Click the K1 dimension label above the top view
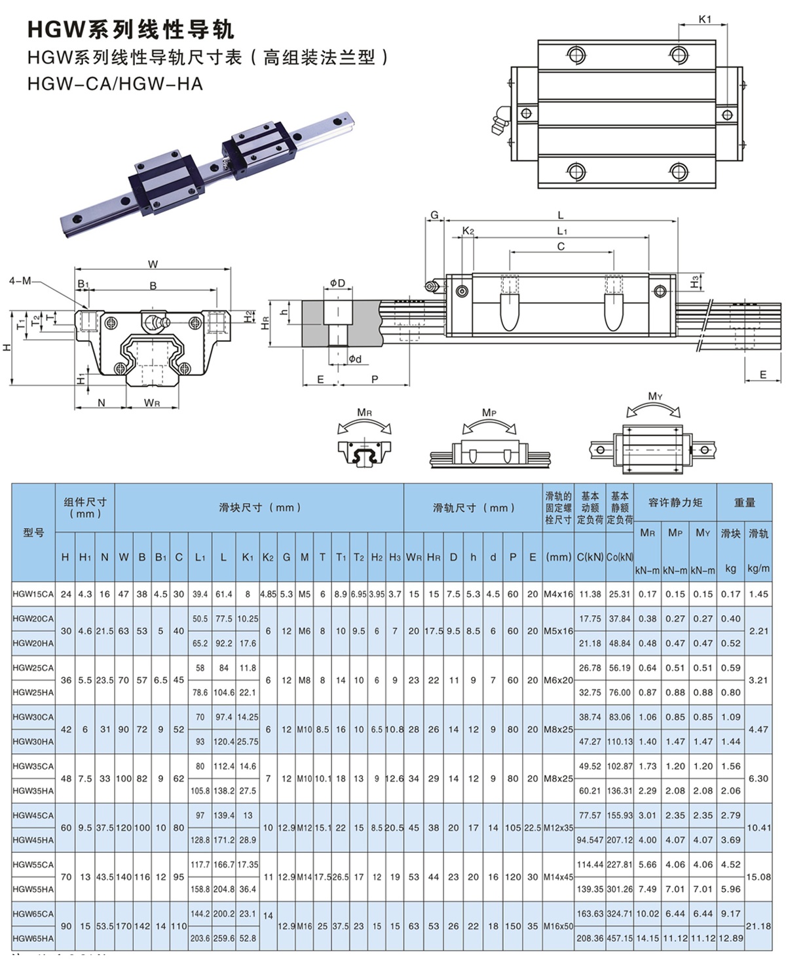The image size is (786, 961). [x=704, y=19]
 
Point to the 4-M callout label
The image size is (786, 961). [x=20, y=280]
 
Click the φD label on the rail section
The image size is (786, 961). [x=337, y=283]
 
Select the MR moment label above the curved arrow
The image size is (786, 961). [x=365, y=413]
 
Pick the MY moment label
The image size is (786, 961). [x=655, y=396]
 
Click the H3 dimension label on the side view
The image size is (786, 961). [x=694, y=282]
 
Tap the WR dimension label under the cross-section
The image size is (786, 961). [x=152, y=403]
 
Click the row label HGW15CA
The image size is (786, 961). [x=33, y=594]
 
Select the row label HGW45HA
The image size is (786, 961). [x=33, y=840]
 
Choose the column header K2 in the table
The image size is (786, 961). [x=268, y=557]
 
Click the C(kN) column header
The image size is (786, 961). [x=590, y=557]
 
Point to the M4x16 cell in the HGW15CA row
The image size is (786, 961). [x=558, y=594]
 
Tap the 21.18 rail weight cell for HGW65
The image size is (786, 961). [x=758, y=926]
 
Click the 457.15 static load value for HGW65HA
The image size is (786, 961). [x=620, y=938]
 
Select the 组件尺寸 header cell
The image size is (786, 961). [x=85, y=508]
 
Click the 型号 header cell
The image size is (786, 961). [x=33, y=532]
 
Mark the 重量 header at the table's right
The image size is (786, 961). [x=745, y=502]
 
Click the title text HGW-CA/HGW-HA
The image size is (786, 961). [x=115, y=84]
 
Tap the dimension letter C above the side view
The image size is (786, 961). [x=561, y=246]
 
